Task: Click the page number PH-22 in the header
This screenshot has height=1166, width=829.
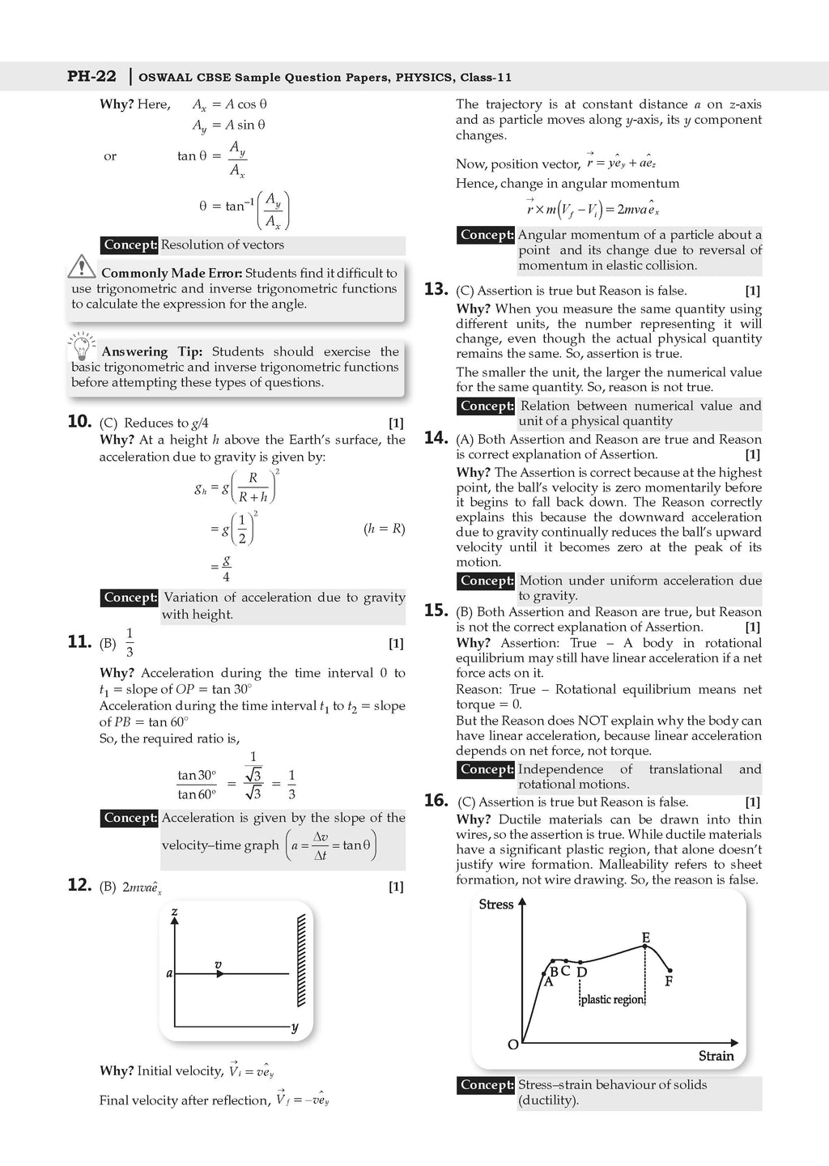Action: [91, 77]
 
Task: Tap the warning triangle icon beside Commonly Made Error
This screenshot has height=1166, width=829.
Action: [82, 266]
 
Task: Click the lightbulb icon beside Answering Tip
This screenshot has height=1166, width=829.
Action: [81, 347]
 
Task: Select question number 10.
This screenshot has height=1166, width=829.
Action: [79, 421]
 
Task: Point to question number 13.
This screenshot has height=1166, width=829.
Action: [436, 289]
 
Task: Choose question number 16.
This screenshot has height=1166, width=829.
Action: [436, 801]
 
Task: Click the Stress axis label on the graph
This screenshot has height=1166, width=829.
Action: [495, 904]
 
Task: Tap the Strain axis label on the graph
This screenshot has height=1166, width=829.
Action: [716, 1056]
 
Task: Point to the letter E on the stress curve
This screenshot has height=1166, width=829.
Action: [645, 938]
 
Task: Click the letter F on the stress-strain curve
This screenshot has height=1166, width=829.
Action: [669, 981]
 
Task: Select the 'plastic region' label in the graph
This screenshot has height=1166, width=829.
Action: [612, 1000]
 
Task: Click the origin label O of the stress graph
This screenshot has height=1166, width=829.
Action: [512, 1045]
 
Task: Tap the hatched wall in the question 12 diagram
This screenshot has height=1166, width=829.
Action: [301, 960]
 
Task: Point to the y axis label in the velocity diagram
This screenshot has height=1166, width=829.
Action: [295, 1028]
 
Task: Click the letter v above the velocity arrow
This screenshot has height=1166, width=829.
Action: [218, 964]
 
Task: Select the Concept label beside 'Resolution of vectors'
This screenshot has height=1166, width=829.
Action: [130, 245]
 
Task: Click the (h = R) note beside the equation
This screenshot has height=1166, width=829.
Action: [384, 529]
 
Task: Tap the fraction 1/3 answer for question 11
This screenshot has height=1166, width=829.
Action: [130, 643]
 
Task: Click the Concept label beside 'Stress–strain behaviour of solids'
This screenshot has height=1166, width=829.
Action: [487, 1085]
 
